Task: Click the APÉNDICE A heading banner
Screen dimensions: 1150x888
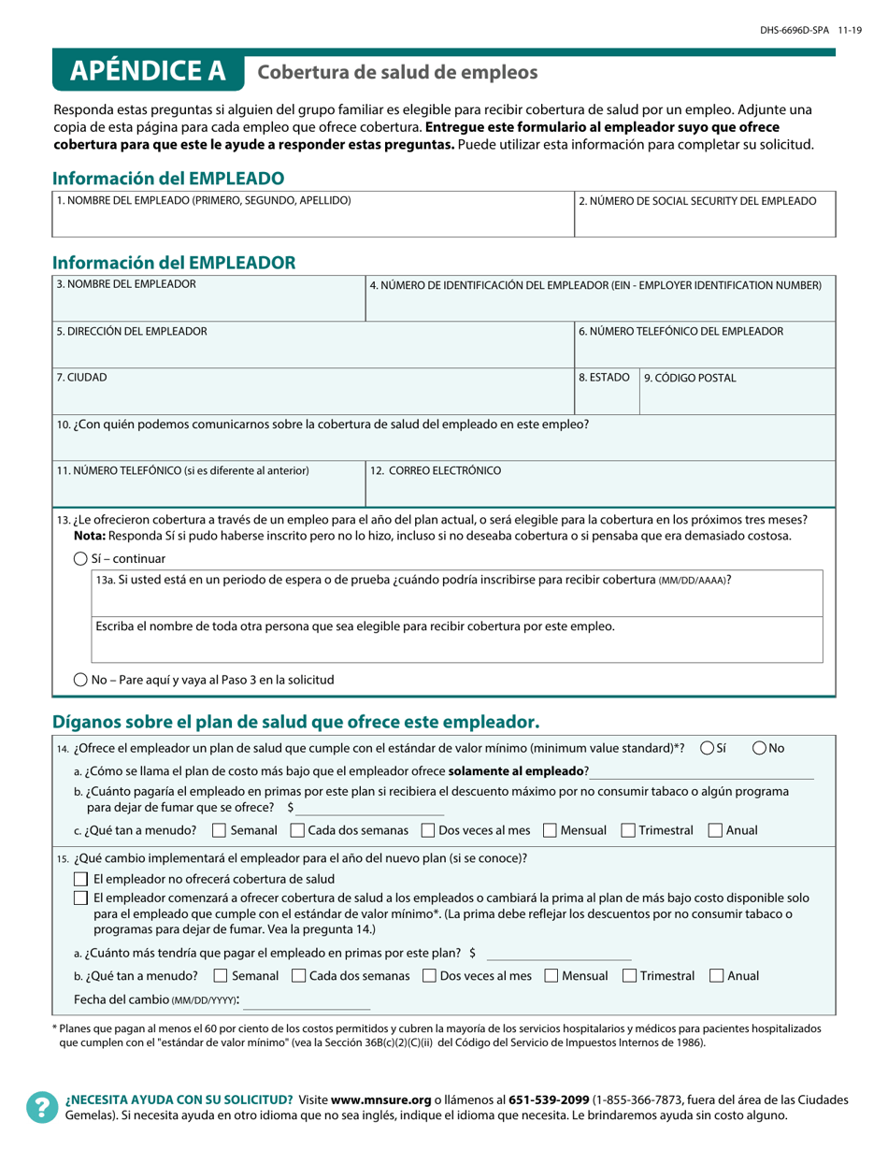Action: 148,71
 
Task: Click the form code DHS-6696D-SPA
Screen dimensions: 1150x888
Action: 793,31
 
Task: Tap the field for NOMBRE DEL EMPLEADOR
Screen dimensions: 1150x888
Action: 208,305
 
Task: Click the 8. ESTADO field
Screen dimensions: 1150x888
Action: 606,397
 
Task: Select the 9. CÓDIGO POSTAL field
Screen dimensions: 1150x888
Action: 737,397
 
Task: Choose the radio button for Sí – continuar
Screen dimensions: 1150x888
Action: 80,559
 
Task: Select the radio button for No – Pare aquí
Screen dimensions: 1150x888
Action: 80,680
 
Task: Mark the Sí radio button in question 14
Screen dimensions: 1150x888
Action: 708,748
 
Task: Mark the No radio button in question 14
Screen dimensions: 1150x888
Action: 759,748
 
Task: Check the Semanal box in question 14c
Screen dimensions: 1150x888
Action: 219,830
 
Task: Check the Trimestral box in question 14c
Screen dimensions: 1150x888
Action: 627,830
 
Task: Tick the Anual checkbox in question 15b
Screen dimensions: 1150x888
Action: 716,975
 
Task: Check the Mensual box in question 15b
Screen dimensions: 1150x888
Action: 551,975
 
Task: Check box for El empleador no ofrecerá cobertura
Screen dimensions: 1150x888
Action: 80,879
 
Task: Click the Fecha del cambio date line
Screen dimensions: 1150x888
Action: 307,1001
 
